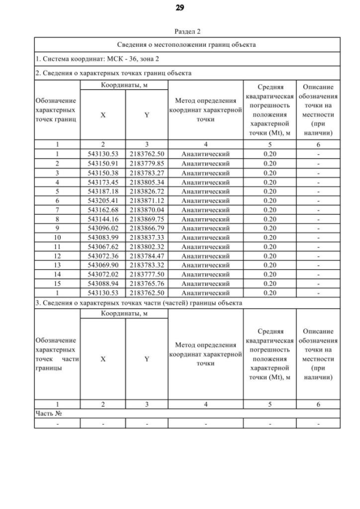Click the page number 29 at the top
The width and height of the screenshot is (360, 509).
[179, 8]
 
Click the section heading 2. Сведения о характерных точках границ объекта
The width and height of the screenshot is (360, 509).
[113, 73]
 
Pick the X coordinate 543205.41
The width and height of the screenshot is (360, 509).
[102, 200]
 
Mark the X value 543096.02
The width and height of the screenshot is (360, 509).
[102, 228]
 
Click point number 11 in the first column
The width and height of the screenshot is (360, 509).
[57, 246]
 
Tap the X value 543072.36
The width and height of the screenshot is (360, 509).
[102, 255]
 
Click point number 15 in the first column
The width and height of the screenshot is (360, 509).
[57, 283]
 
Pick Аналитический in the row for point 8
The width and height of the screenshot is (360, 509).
[205, 219]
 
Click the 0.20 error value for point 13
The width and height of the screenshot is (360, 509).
[270, 264]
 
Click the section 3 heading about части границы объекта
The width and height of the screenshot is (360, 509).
[138, 303]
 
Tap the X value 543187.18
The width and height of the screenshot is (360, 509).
[102, 191]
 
